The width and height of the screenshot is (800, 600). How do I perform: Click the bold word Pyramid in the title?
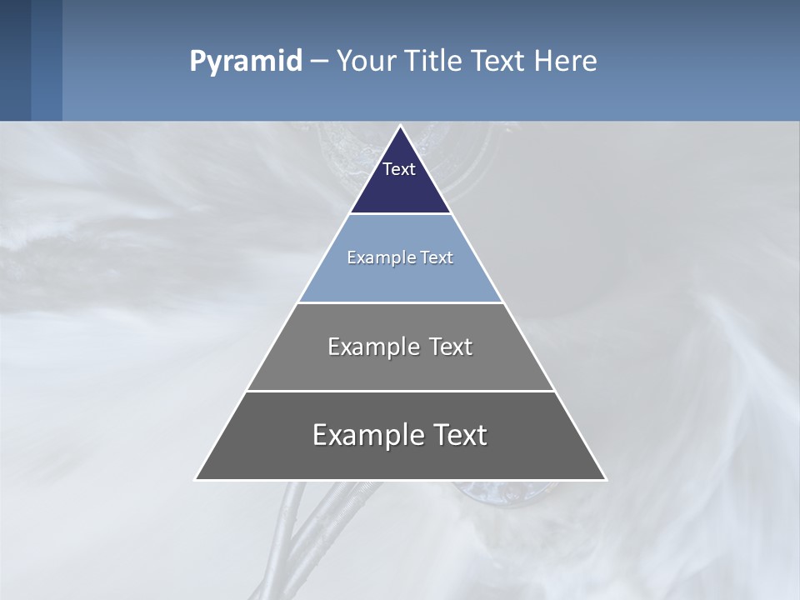[246, 62]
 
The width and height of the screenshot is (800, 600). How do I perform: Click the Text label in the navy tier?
[399, 169]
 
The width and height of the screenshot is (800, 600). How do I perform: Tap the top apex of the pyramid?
[401, 127]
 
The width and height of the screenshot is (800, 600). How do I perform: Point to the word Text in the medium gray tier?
[451, 347]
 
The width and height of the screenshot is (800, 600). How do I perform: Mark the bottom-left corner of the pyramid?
[196, 479]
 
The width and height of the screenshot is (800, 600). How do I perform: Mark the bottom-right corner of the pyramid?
[605, 479]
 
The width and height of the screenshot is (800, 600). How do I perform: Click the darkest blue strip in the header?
[15, 60]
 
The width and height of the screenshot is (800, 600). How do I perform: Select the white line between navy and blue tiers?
[401, 214]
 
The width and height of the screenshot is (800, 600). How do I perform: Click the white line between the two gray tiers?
[401, 391]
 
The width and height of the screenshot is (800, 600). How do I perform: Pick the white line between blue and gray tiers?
[401, 302]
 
